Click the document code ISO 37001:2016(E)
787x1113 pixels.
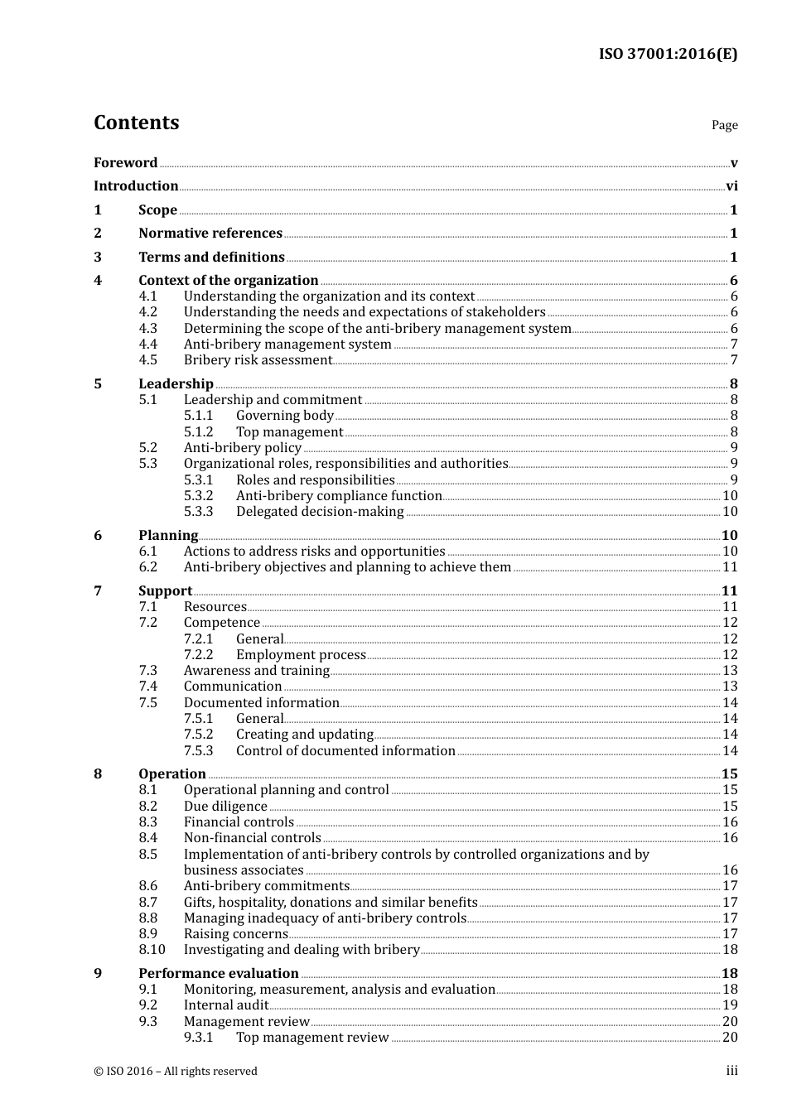click(x=668, y=55)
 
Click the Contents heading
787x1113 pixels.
click(x=136, y=123)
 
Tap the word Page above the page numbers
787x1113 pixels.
click(x=724, y=125)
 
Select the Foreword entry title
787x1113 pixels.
click(x=125, y=163)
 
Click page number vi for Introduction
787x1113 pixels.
click(x=731, y=186)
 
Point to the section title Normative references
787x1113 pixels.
click(x=210, y=234)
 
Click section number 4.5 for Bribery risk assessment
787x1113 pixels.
click(x=147, y=360)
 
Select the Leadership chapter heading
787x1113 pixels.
click(x=176, y=384)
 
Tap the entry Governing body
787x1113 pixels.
click(x=284, y=416)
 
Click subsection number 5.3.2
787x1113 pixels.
click(x=198, y=496)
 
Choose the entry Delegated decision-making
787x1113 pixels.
click(x=320, y=512)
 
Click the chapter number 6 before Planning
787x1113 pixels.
click(x=98, y=536)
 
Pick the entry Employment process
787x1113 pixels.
click(x=301, y=655)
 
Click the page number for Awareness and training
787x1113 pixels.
click(x=730, y=671)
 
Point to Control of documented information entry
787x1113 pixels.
click(x=345, y=751)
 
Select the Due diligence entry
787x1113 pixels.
click(x=225, y=807)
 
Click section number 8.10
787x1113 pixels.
click(x=152, y=950)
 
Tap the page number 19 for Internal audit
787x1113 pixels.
click(x=730, y=1005)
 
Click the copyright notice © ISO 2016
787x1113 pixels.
click(x=175, y=1072)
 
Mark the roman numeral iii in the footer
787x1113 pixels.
click(x=731, y=1071)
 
